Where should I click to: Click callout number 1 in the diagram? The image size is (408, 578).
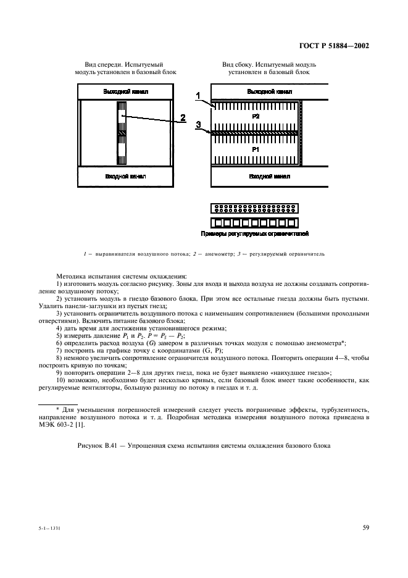pos(198,95)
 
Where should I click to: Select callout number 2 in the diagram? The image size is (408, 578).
pos(183,117)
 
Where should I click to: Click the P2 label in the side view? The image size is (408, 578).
pos(256,115)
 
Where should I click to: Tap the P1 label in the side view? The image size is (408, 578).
pos(256,150)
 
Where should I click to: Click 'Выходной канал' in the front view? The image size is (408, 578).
pos(125,91)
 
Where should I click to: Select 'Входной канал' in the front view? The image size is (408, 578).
pos(125,177)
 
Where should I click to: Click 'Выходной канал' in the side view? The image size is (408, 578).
pos(269,91)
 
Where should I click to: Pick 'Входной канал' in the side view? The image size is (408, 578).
pos(269,177)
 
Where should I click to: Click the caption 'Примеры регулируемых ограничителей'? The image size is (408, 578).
pos(254,235)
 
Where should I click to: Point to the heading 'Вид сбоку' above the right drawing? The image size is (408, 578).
pos(239,64)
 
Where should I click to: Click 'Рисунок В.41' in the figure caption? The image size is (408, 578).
pos(98,445)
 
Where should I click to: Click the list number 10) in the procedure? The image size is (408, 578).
pos(60,380)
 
